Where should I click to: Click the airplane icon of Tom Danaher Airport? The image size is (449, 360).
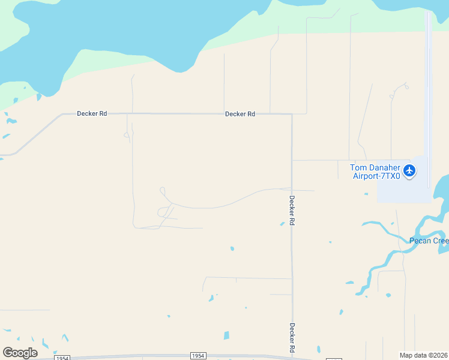[410, 170]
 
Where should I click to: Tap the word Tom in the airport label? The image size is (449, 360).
[358, 167]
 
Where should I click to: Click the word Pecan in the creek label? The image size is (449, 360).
[420, 241]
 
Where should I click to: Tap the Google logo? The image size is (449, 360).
[20, 353]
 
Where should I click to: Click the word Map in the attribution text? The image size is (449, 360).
[406, 355]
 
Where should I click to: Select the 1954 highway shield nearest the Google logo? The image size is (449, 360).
[62, 358]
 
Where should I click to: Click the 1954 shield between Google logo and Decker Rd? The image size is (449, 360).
[199, 356]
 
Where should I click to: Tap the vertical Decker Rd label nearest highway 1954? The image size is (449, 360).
[292, 338]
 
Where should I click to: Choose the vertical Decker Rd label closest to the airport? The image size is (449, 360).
[292, 210]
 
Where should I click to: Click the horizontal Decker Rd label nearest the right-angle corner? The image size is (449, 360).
[240, 113]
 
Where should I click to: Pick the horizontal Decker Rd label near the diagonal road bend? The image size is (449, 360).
[92, 113]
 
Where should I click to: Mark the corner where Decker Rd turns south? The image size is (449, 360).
[292, 114]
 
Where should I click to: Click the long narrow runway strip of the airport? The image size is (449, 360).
[427, 90]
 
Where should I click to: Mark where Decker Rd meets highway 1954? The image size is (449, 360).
[292, 356]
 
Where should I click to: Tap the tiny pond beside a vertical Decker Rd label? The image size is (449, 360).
[282, 224]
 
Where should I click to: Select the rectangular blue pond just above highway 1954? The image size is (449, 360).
[226, 335]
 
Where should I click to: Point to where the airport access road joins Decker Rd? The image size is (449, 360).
[292, 160]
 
